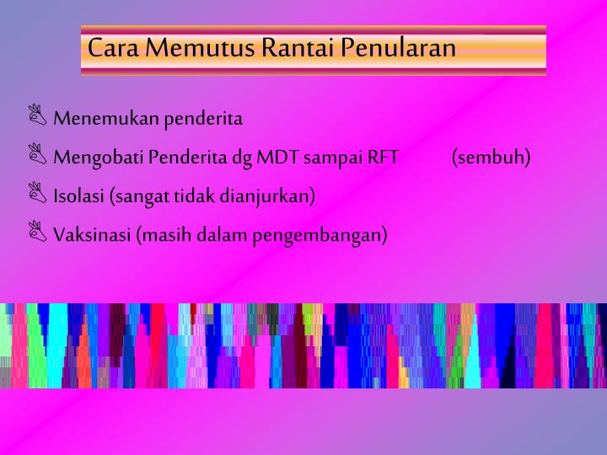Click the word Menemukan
click(106, 119)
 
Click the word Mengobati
click(99, 158)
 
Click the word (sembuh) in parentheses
click(491, 158)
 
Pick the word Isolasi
click(79, 196)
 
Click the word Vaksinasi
click(91, 235)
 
